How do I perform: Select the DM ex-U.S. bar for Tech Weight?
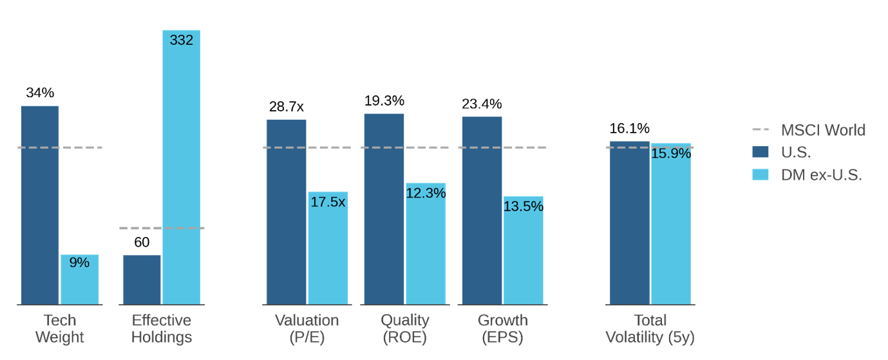80,283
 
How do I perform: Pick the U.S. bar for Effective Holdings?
142,279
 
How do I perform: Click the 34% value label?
40,93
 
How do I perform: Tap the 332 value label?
181,40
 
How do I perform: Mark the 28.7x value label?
287,107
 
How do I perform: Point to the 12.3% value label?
425,193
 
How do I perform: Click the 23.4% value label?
482,104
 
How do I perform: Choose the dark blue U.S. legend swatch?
760,152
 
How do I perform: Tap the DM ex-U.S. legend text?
821,175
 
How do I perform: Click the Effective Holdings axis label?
162,328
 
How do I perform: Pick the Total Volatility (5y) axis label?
650,328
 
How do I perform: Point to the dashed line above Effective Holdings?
162,228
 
